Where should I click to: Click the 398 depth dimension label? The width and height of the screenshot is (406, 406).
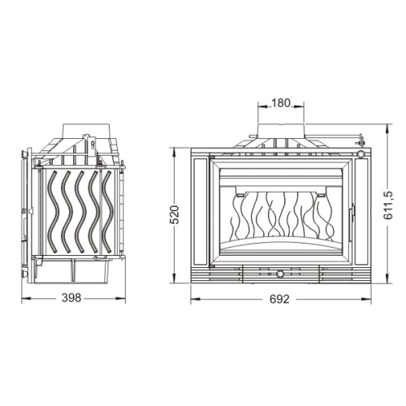[x=71, y=298]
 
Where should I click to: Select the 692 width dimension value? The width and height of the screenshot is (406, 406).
[x=279, y=299]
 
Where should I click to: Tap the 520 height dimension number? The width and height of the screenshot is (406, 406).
[x=175, y=214]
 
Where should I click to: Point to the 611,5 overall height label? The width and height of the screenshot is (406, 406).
[x=388, y=205]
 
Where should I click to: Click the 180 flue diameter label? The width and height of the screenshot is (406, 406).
[x=281, y=103]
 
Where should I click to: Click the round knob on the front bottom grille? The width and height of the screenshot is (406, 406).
[x=279, y=274]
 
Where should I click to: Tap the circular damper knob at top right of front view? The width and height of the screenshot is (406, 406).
[x=361, y=153]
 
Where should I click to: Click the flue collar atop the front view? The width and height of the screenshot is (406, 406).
[x=281, y=132]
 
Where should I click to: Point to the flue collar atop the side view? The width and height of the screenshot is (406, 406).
[x=86, y=131]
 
